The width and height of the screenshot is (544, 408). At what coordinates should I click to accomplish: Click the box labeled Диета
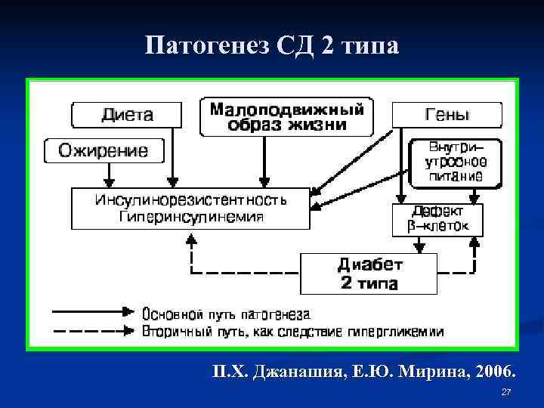pyautogui.click(x=127, y=115)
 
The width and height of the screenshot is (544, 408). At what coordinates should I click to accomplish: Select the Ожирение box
pyautogui.click(x=104, y=150)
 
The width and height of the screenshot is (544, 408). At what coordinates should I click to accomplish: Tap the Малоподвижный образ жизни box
pyautogui.click(x=286, y=116)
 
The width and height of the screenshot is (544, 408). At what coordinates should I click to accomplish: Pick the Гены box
pyautogui.click(x=447, y=115)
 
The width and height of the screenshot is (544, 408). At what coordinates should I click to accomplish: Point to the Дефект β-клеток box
pyautogui.click(x=437, y=218)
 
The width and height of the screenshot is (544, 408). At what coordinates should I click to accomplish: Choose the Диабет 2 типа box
pyautogui.click(x=369, y=274)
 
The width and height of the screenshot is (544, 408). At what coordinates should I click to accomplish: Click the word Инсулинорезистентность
pyautogui.click(x=190, y=201)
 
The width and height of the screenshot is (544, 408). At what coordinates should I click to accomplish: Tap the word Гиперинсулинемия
pyautogui.click(x=190, y=217)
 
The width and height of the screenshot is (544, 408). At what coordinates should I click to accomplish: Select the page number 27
pyautogui.click(x=507, y=393)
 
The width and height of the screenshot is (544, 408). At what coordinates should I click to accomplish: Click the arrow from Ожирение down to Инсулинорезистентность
pyautogui.click(x=110, y=174)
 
